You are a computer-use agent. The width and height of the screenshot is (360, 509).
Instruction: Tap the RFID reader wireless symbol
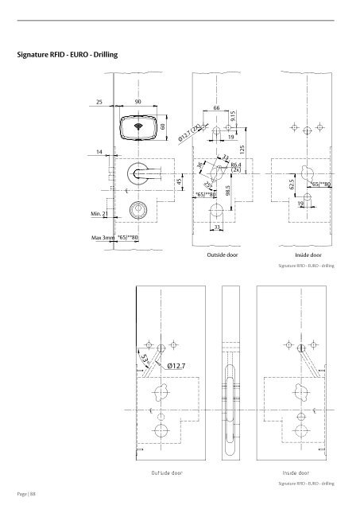point(137,126)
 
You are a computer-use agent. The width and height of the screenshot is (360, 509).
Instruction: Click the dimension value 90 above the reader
point(137,102)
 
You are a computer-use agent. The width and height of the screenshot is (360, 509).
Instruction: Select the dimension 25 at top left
point(99,102)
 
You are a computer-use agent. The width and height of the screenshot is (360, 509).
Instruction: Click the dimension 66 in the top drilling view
point(216,107)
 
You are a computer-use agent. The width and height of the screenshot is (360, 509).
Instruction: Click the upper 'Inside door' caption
point(306,257)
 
